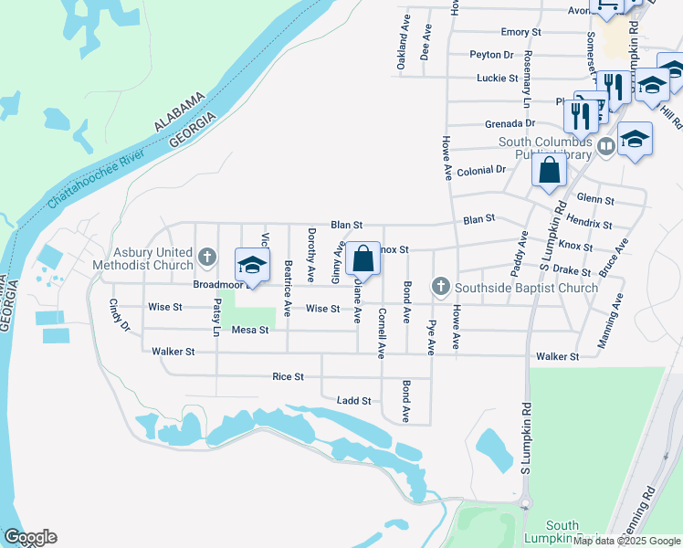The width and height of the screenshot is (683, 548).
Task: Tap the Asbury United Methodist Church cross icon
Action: pos(207,258)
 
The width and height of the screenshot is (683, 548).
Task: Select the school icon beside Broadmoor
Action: pos(253,265)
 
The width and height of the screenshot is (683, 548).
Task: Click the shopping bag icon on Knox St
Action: pos(363,258)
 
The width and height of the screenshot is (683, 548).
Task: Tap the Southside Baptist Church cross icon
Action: pos(441,288)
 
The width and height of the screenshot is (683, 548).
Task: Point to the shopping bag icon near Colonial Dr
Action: pos(549,171)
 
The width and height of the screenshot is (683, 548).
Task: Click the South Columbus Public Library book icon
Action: pos(604,145)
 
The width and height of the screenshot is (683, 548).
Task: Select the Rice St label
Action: pos(288,376)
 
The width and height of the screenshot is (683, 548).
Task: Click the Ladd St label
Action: pos(353,400)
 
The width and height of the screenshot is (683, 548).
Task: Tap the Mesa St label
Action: pos(249,330)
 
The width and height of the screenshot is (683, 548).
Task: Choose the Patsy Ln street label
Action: pos(217,317)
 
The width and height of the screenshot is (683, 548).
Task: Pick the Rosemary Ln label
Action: pos(526,95)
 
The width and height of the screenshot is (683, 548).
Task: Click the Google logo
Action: pos(30,537)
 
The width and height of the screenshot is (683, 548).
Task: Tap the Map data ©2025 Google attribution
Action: pos(625,541)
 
